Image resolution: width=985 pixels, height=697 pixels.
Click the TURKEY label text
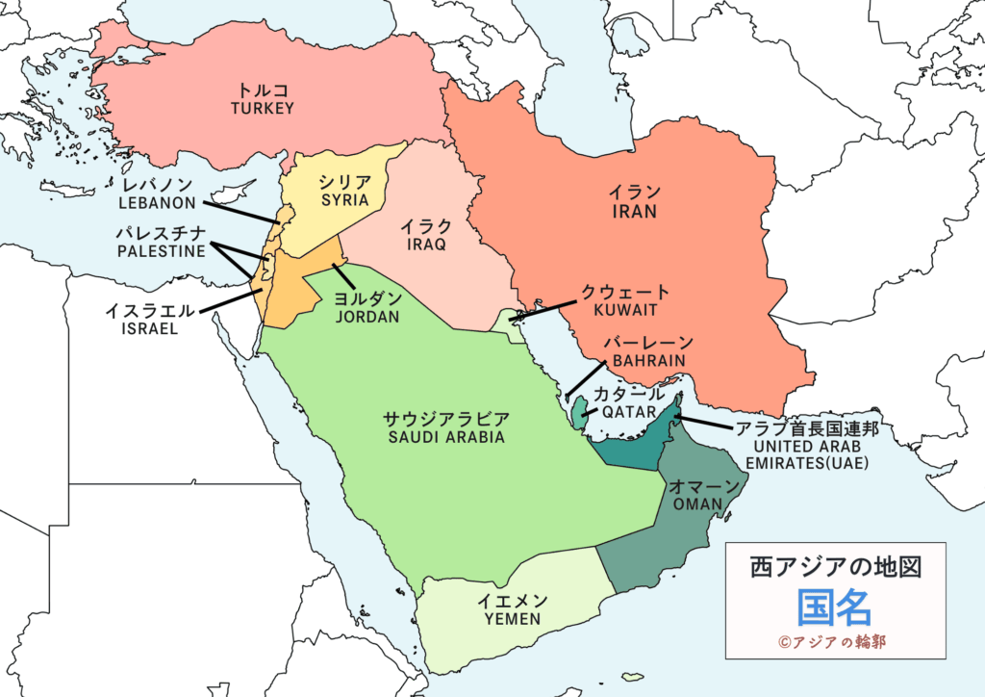click(262, 109)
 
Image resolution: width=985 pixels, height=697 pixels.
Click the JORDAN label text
click(367, 317)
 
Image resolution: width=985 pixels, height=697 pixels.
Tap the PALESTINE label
click(161, 251)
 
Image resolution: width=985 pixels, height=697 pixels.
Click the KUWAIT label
click(625, 311)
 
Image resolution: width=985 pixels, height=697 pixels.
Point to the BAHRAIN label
click(646, 361)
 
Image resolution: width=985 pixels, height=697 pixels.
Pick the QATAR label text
click(628, 411)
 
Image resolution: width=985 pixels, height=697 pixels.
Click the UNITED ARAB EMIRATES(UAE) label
click(812, 454)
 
